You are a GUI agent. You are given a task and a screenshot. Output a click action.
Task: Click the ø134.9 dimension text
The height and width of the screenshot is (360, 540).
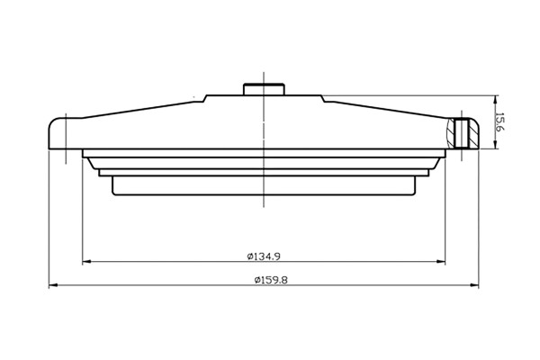264,256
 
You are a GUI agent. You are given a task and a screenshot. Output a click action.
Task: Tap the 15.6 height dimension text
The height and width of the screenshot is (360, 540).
500,122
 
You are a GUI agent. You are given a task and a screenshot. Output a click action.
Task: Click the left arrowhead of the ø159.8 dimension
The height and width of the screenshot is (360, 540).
52,286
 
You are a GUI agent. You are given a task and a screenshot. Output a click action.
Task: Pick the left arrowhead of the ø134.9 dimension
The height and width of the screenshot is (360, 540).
86,263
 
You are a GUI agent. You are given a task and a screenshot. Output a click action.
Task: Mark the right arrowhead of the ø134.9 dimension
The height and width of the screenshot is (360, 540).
441,263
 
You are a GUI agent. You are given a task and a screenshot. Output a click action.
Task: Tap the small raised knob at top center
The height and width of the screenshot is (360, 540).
263,89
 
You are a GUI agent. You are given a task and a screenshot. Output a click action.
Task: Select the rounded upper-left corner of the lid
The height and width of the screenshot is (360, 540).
54,121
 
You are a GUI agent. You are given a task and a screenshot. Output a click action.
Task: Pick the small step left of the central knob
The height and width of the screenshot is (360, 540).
207,98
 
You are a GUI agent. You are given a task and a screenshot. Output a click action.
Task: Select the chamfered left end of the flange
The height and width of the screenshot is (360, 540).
85,161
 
